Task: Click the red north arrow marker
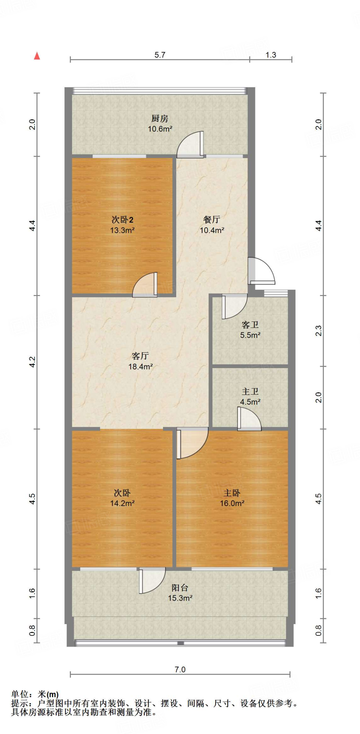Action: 37,56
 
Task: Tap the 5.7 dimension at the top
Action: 160,55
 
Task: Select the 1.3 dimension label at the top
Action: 271,55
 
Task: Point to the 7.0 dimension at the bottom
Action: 180,669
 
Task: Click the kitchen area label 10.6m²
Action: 160,129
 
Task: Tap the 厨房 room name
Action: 160,118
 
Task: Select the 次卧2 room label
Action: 122,220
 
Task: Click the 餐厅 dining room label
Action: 212,219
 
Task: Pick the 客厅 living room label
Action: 140,356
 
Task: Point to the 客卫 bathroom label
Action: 250,325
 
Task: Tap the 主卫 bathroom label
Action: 250,391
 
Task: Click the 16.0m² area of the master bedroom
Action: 232,503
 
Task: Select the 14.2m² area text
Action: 122,503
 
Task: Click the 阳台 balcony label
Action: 180,588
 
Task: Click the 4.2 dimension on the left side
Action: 32,362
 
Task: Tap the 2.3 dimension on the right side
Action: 318,330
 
